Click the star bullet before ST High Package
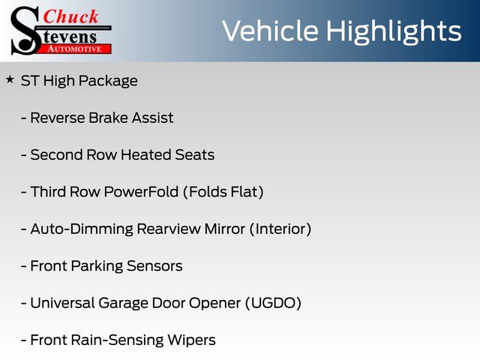pyautogui.click(x=10, y=79)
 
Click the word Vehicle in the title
pyautogui.click(x=270, y=31)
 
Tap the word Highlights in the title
pyautogui.click(x=393, y=32)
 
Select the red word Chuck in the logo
pyautogui.click(x=70, y=16)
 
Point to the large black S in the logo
pyautogui.click(x=25, y=31)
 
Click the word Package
pyautogui.click(x=108, y=82)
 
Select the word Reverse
pyautogui.click(x=58, y=118)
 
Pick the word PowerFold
pyautogui.click(x=141, y=192)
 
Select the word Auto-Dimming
pyautogui.click(x=82, y=229)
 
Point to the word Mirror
pyautogui.click(x=225, y=229)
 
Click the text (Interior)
pyautogui.click(x=280, y=229)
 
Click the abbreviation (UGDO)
pyautogui.click(x=273, y=303)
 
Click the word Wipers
pyautogui.click(x=192, y=340)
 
